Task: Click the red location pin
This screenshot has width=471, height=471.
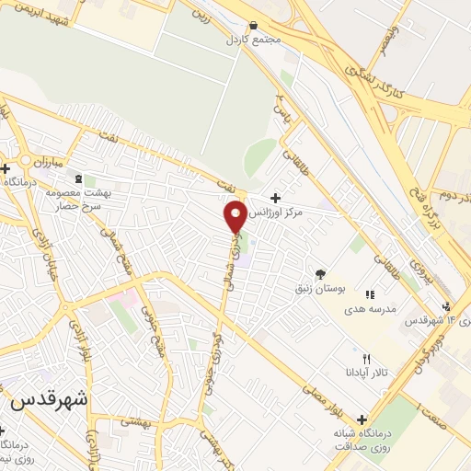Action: pyautogui.click(x=235, y=216)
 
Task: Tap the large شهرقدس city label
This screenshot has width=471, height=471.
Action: pyautogui.click(x=52, y=402)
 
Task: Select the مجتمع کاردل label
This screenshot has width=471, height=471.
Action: pyautogui.click(x=250, y=40)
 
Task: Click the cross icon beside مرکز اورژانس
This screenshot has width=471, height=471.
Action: pyautogui.click(x=275, y=198)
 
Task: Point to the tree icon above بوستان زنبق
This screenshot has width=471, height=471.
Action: pyautogui.click(x=320, y=273)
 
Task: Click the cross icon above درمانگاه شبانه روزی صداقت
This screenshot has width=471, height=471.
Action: pyautogui.click(x=361, y=419)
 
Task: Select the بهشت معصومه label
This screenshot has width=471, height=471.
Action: pyautogui.click(x=109, y=193)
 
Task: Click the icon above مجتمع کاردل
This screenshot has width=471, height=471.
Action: pyautogui.click(x=253, y=26)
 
